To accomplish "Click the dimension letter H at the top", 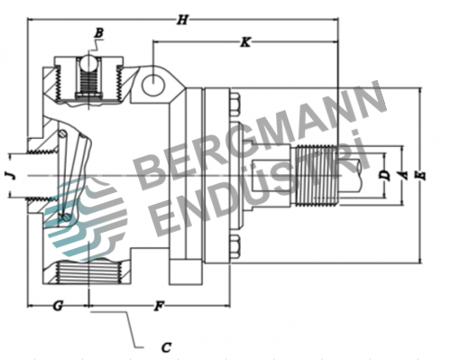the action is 182,20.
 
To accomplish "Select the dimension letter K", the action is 245,42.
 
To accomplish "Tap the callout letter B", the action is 99,32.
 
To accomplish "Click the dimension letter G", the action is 58,306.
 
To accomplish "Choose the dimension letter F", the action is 159,306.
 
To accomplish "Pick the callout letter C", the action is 166,347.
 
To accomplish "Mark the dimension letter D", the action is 384,175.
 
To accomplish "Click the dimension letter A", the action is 404,175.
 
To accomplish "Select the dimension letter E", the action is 422,175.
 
